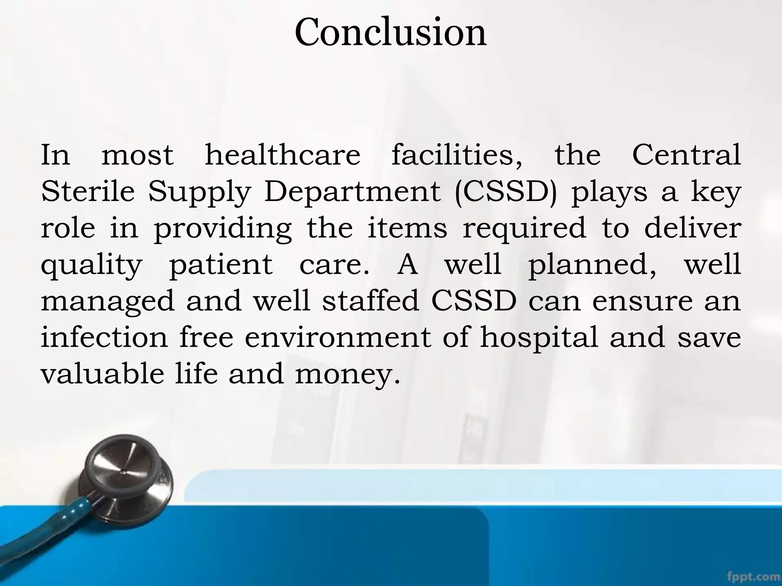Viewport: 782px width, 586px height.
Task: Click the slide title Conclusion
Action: (x=391, y=33)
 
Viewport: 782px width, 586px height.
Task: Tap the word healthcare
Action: (x=283, y=155)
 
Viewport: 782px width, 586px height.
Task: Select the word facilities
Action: (x=457, y=155)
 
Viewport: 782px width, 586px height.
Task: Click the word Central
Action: (x=687, y=155)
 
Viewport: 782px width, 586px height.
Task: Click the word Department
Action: (x=352, y=192)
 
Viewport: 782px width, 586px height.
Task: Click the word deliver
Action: (x=693, y=228)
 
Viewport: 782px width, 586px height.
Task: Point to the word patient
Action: (x=221, y=265)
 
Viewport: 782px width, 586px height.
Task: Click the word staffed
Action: (x=371, y=301)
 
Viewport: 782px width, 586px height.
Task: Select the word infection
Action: (x=104, y=337)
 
